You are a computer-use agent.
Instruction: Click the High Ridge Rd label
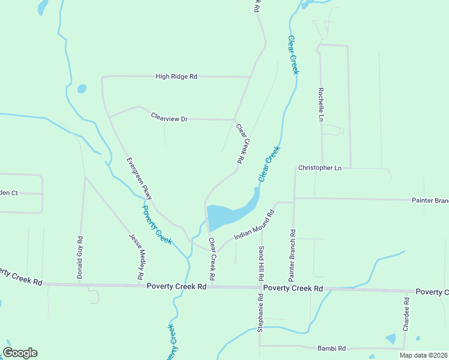pyautogui.click(x=176, y=77)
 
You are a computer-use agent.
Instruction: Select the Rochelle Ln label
pyautogui.click(x=321, y=103)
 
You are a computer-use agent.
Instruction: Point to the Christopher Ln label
pyautogui.click(x=319, y=168)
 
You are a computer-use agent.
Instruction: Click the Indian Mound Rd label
pyautogui.click(x=254, y=225)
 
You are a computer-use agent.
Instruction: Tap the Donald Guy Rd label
pyautogui.click(x=79, y=257)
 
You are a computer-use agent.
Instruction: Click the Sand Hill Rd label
pyautogui.click(x=262, y=265)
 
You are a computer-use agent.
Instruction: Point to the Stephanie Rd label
pyautogui.click(x=261, y=313)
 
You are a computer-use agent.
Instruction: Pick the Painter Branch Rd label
pyautogui.click(x=292, y=256)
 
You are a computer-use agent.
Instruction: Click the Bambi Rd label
pyautogui.click(x=331, y=348)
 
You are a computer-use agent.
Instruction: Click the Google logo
pyautogui.click(x=20, y=353)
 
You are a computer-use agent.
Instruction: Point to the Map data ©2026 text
pyautogui.click(x=423, y=355)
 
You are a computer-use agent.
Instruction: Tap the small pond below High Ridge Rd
pyautogui.click(x=82, y=89)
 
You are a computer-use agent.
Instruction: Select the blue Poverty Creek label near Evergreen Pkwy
pyautogui.click(x=157, y=225)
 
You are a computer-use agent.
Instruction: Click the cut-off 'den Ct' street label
pyautogui.click(x=10, y=193)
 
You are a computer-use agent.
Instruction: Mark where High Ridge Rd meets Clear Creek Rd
pyautogui.click(x=249, y=77)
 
